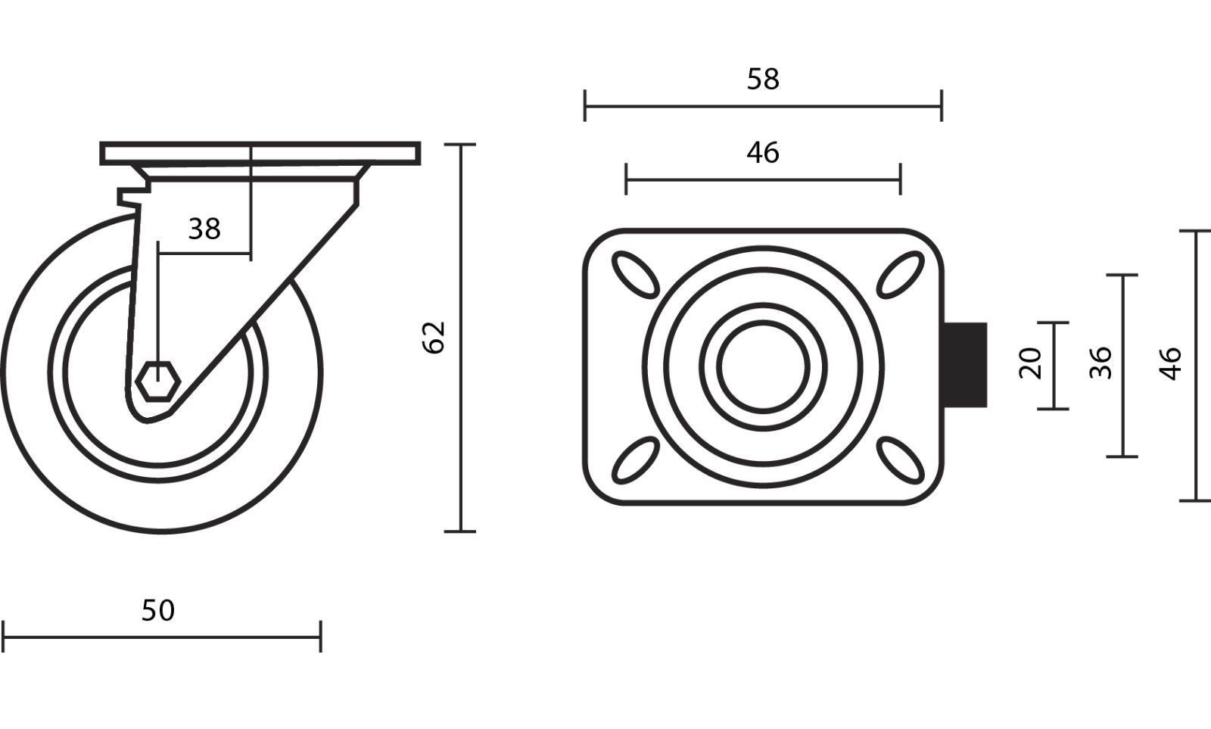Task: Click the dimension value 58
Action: pyautogui.click(x=763, y=79)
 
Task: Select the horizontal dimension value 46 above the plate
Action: pyautogui.click(x=763, y=152)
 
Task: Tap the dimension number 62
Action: pyautogui.click(x=434, y=338)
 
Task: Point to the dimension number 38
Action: pyautogui.click(x=204, y=229)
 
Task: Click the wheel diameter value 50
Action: pyautogui.click(x=158, y=611)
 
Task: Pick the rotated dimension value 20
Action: pyautogui.click(x=1030, y=363)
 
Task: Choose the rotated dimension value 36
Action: pyautogui.click(x=1100, y=363)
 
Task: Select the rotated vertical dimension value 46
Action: pyautogui.click(x=1170, y=364)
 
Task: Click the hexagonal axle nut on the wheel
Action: pyautogui.click(x=158, y=382)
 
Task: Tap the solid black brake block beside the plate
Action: pyautogui.click(x=966, y=365)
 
